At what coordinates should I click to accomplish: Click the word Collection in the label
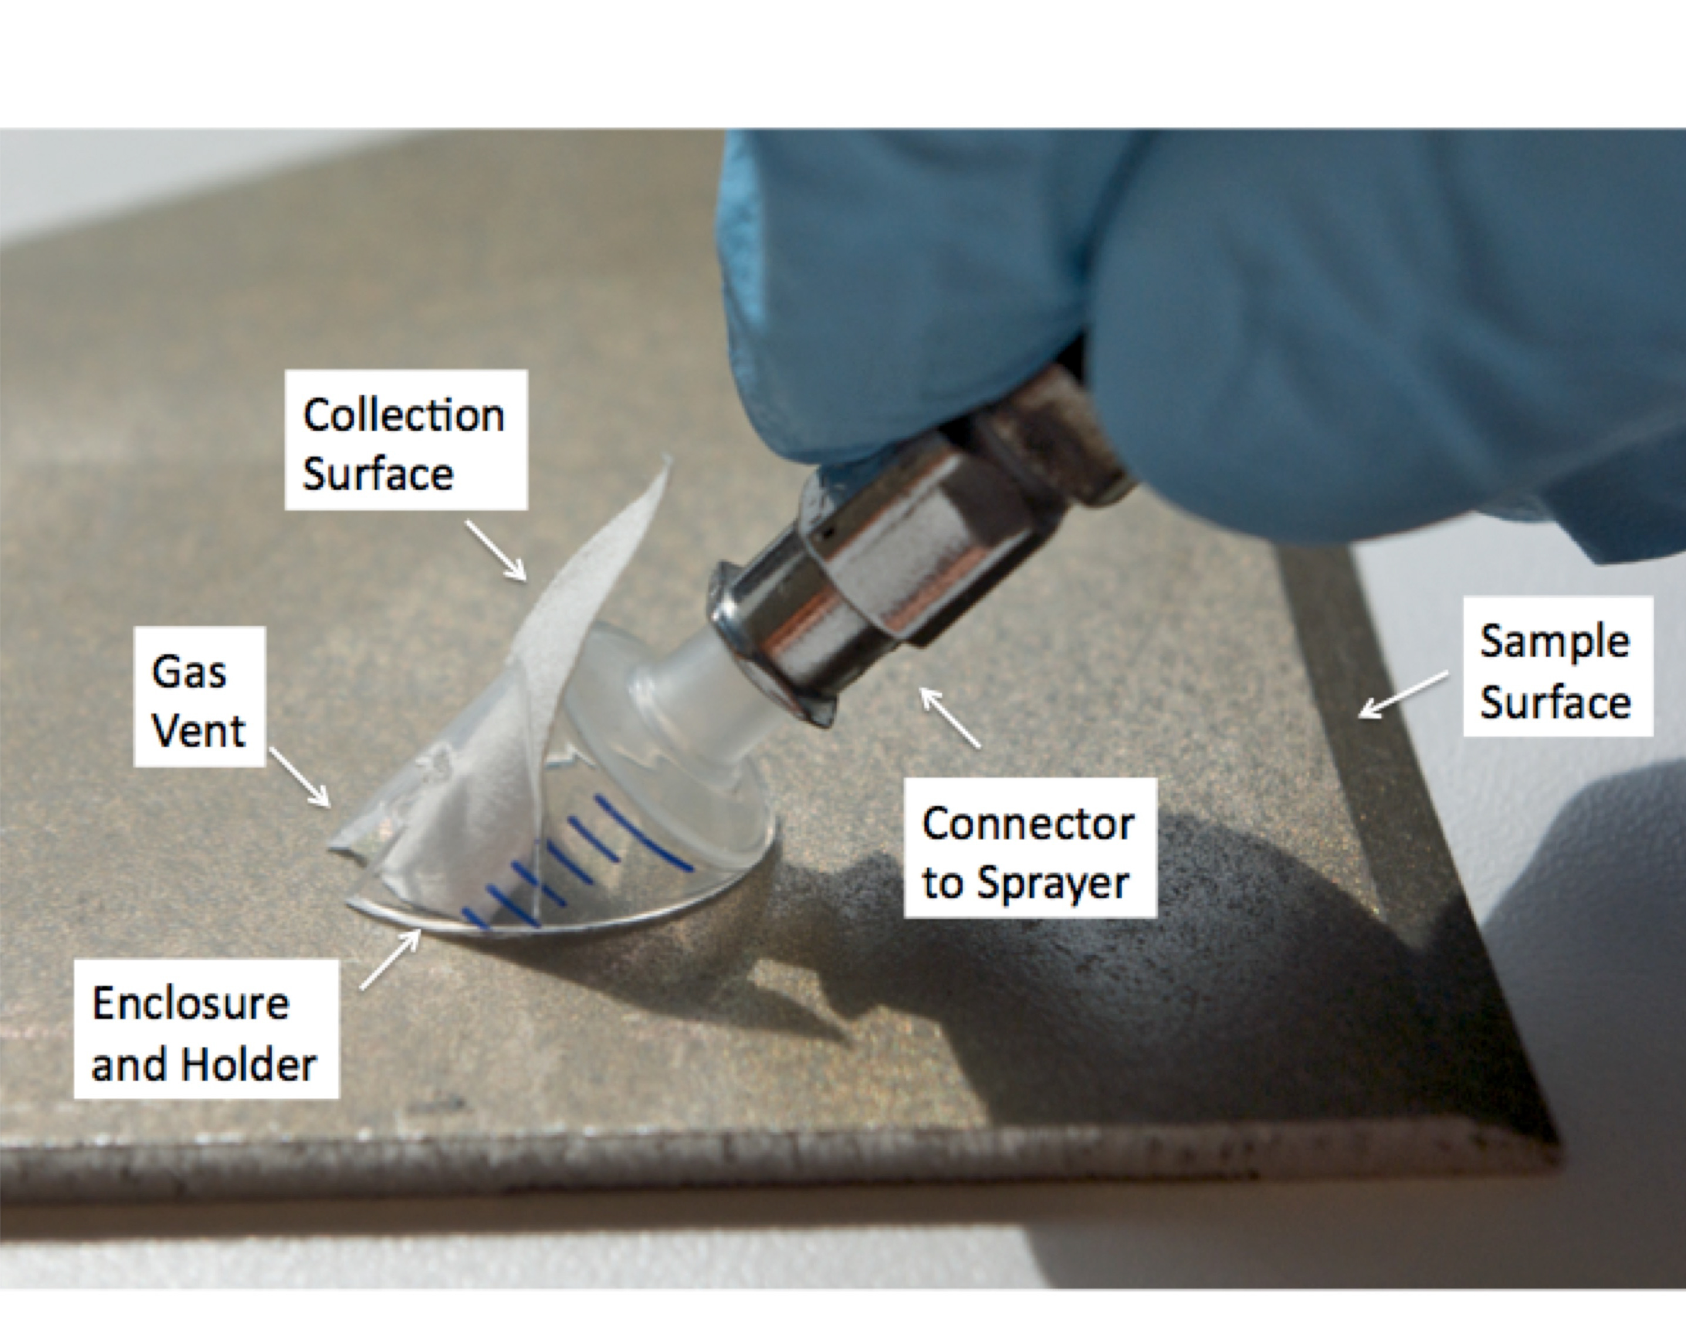pyautogui.click(x=404, y=415)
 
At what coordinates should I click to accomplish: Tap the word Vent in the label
pyautogui.click(x=198, y=730)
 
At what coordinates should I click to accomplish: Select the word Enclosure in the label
pyautogui.click(x=191, y=1004)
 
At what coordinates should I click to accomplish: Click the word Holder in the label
pyautogui.click(x=248, y=1064)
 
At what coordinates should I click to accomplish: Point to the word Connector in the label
pyautogui.click(x=1028, y=824)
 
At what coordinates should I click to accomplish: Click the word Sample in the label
pyautogui.click(x=1554, y=642)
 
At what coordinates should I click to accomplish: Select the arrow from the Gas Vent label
pyautogui.click(x=300, y=777)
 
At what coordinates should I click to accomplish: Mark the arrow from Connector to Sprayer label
pyautogui.click(x=950, y=718)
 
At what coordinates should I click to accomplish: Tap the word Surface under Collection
pyautogui.click(x=377, y=474)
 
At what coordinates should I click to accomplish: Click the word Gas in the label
pyautogui.click(x=189, y=671)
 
